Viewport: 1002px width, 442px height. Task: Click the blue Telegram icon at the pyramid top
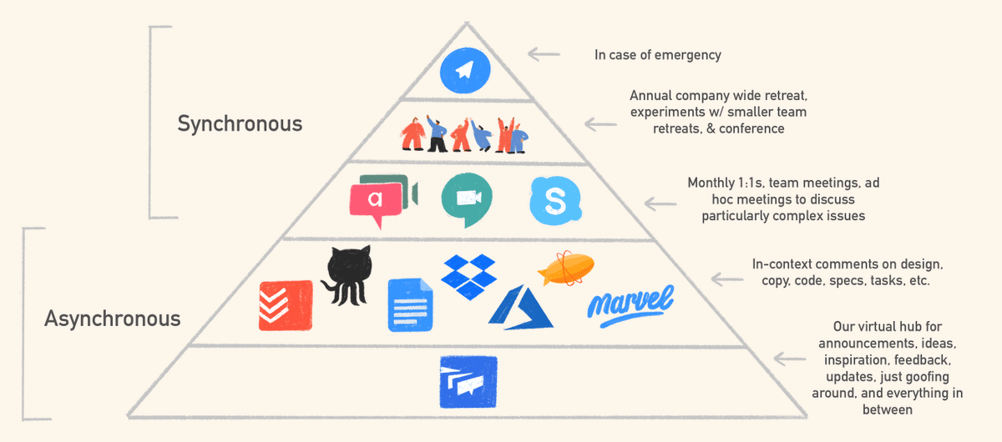[468, 69]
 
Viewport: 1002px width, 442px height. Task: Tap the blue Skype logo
[554, 201]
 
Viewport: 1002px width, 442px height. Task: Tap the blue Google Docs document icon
[411, 304]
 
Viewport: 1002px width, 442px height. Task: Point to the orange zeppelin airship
[567, 268]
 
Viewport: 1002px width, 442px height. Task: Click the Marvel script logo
[630, 302]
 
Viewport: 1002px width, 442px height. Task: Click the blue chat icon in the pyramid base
[468, 382]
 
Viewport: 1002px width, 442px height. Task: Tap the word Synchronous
[240, 124]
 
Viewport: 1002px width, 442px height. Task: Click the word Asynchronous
[112, 318]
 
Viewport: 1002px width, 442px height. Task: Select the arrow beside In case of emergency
[544, 55]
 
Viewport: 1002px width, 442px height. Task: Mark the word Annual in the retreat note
[650, 96]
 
